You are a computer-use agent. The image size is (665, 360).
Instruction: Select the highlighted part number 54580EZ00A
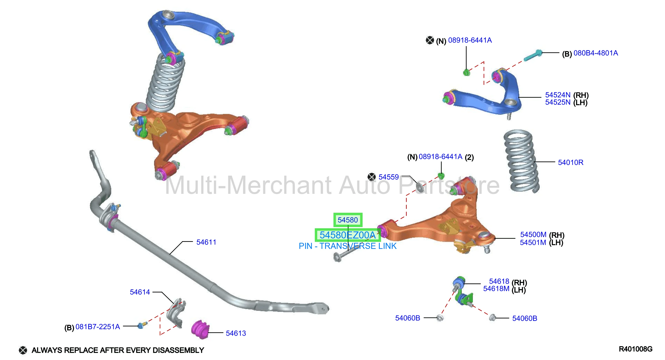click(x=348, y=235)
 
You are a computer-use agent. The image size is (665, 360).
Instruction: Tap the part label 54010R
click(x=570, y=163)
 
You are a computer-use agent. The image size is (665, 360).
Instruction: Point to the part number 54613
click(x=236, y=333)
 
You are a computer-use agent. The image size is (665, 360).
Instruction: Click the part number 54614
click(x=140, y=292)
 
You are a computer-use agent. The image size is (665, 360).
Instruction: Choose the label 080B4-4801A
click(x=596, y=53)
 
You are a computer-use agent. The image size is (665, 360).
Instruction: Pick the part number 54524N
click(x=558, y=95)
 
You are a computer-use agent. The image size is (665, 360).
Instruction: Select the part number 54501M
click(x=533, y=243)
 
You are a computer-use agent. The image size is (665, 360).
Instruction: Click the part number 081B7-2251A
click(x=97, y=327)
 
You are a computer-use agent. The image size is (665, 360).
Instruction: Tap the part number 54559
click(x=389, y=177)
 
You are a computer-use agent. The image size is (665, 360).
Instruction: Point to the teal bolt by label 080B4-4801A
click(x=533, y=55)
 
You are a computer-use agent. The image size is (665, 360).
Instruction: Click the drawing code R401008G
click(x=635, y=349)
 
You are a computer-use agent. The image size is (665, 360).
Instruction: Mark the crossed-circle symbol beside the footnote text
click(x=23, y=350)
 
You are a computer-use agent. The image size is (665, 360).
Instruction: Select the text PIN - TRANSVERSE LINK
click(x=348, y=246)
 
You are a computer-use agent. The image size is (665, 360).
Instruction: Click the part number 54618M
click(x=496, y=288)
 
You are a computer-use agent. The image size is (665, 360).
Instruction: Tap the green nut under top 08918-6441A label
click(x=466, y=72)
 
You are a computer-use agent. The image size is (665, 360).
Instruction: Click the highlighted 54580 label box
click(x=348, y=220)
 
